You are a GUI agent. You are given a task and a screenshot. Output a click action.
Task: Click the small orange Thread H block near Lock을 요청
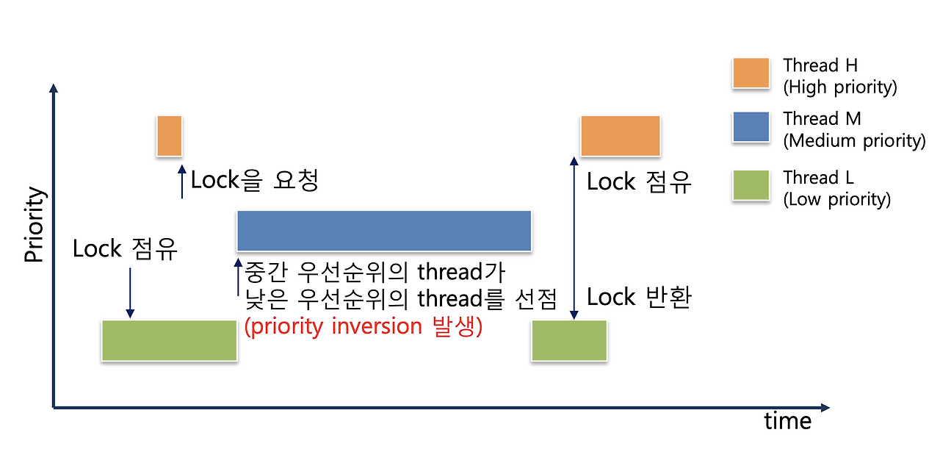[x=169, y=136]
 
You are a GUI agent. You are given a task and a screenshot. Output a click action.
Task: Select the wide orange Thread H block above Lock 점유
[x=620, y=136]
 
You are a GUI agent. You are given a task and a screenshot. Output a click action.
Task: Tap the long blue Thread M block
[x=383, y=231]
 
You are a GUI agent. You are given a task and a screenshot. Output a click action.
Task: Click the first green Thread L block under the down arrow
[x=169, y=340]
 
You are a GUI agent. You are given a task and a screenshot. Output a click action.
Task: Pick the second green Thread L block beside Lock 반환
[x=569, y=340]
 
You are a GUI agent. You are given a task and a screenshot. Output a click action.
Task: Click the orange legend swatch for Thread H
[x=751, y=73]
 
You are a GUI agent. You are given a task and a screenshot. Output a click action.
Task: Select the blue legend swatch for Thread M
[x=751, y=127]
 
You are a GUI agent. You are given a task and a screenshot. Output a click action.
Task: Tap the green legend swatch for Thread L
[x=751, y=185]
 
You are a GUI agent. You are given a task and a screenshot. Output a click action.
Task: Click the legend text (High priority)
[x=840, y=87]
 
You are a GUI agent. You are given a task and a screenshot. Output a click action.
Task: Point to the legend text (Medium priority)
[x=854, y=140]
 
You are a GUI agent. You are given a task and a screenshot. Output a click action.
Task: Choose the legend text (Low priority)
[x=836, y=199]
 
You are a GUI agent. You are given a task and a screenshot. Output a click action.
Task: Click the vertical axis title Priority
[x=35, y=225]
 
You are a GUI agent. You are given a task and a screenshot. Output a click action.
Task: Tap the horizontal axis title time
[x=787, y=421]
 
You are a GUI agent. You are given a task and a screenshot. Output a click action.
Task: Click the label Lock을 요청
[x=254, y=181]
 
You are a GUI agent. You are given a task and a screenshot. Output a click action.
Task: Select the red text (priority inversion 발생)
[x=363, y=326]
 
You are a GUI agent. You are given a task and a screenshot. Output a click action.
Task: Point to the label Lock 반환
[x=639, y=298]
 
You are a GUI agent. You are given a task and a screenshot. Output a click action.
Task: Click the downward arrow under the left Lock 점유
[x=130, y=292]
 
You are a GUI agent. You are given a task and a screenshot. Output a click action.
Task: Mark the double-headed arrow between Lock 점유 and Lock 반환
[x=572, y=237]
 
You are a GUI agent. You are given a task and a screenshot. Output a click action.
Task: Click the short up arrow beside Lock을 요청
[x=182, y=182]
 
